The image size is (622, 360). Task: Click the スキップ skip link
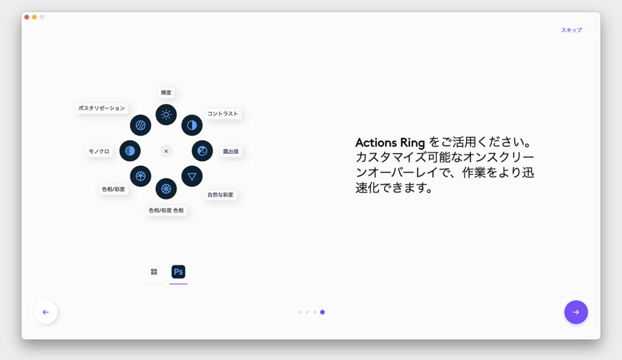click(571, 30)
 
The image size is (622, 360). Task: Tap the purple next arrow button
click(576, 312)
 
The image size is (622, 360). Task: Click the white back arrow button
click(46, 312)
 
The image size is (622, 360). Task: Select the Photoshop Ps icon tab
click(178, 271)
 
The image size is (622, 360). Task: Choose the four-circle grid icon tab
click(154, 271)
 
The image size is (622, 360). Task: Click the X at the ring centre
click(166, 151)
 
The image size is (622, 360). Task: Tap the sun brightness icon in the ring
click(166, 115)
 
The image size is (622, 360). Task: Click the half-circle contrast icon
click(192, 125)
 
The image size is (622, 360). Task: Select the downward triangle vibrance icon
click(192, 177)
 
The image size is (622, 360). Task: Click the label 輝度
click(166, 93)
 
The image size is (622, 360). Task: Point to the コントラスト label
click(222, 114)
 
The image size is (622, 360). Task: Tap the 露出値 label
click(231, 151)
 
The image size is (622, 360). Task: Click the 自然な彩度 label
click(220, 195)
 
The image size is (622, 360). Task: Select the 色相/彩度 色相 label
click(166, 210)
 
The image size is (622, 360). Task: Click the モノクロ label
click(99, 151)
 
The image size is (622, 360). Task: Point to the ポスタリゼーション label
click(101, 108)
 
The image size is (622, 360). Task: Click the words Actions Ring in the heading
click(390, 142)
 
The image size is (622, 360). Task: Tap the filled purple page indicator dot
click(323, 312)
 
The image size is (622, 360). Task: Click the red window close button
click(27, 17)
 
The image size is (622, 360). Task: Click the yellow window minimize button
click(35, 17)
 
